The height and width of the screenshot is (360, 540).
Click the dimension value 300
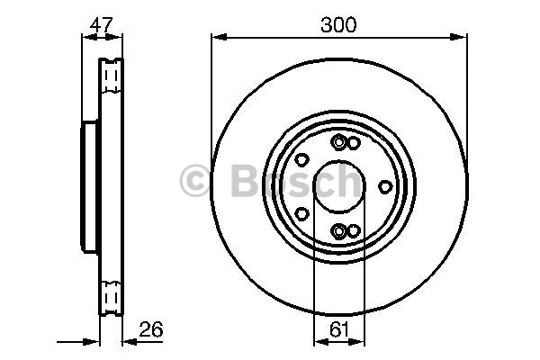[x=338, y=25]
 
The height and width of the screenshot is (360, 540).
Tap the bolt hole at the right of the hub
[x=385, y=186]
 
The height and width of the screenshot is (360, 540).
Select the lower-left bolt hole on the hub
[x=302, y=213]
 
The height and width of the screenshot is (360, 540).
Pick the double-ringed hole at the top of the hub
[x=338, y=142]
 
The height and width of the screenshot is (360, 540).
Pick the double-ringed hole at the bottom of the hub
[x=338, y=231]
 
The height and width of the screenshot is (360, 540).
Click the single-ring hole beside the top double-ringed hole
[x=354, y=143]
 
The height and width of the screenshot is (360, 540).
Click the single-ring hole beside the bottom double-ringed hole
[x=354, y=230]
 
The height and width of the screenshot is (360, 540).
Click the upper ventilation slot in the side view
[x=111, y=76]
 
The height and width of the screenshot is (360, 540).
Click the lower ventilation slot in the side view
[x=111, y=297]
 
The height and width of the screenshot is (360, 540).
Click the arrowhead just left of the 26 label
[x=126, y=342]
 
